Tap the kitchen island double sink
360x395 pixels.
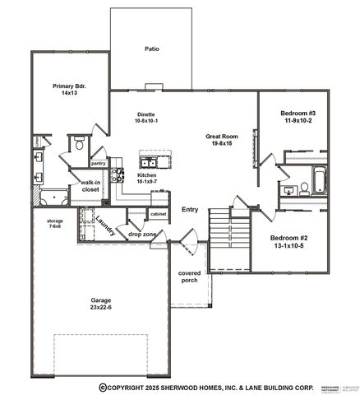click(150, 160)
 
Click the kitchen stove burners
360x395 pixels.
click(118, 174)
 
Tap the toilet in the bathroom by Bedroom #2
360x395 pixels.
click(305, 188)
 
